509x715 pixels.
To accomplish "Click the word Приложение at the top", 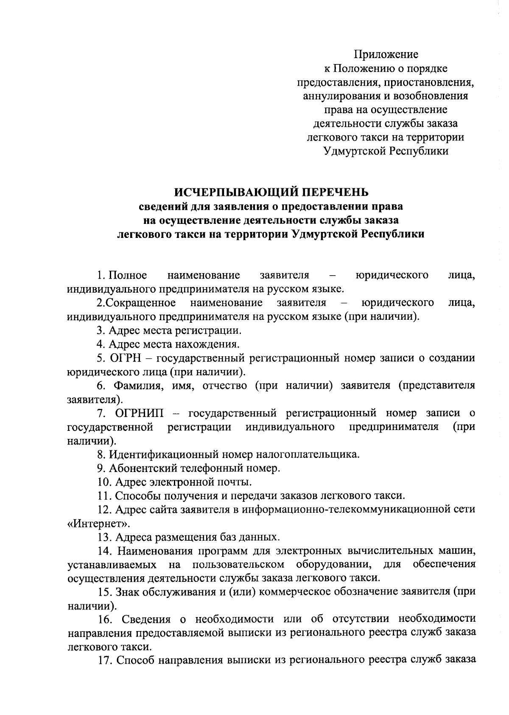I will tap(386, 54).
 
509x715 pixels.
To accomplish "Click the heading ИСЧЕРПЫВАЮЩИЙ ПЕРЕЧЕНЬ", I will tap(272, 192).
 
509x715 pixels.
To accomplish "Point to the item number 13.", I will tap(104, 537).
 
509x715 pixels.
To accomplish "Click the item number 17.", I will tap(104, 661).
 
